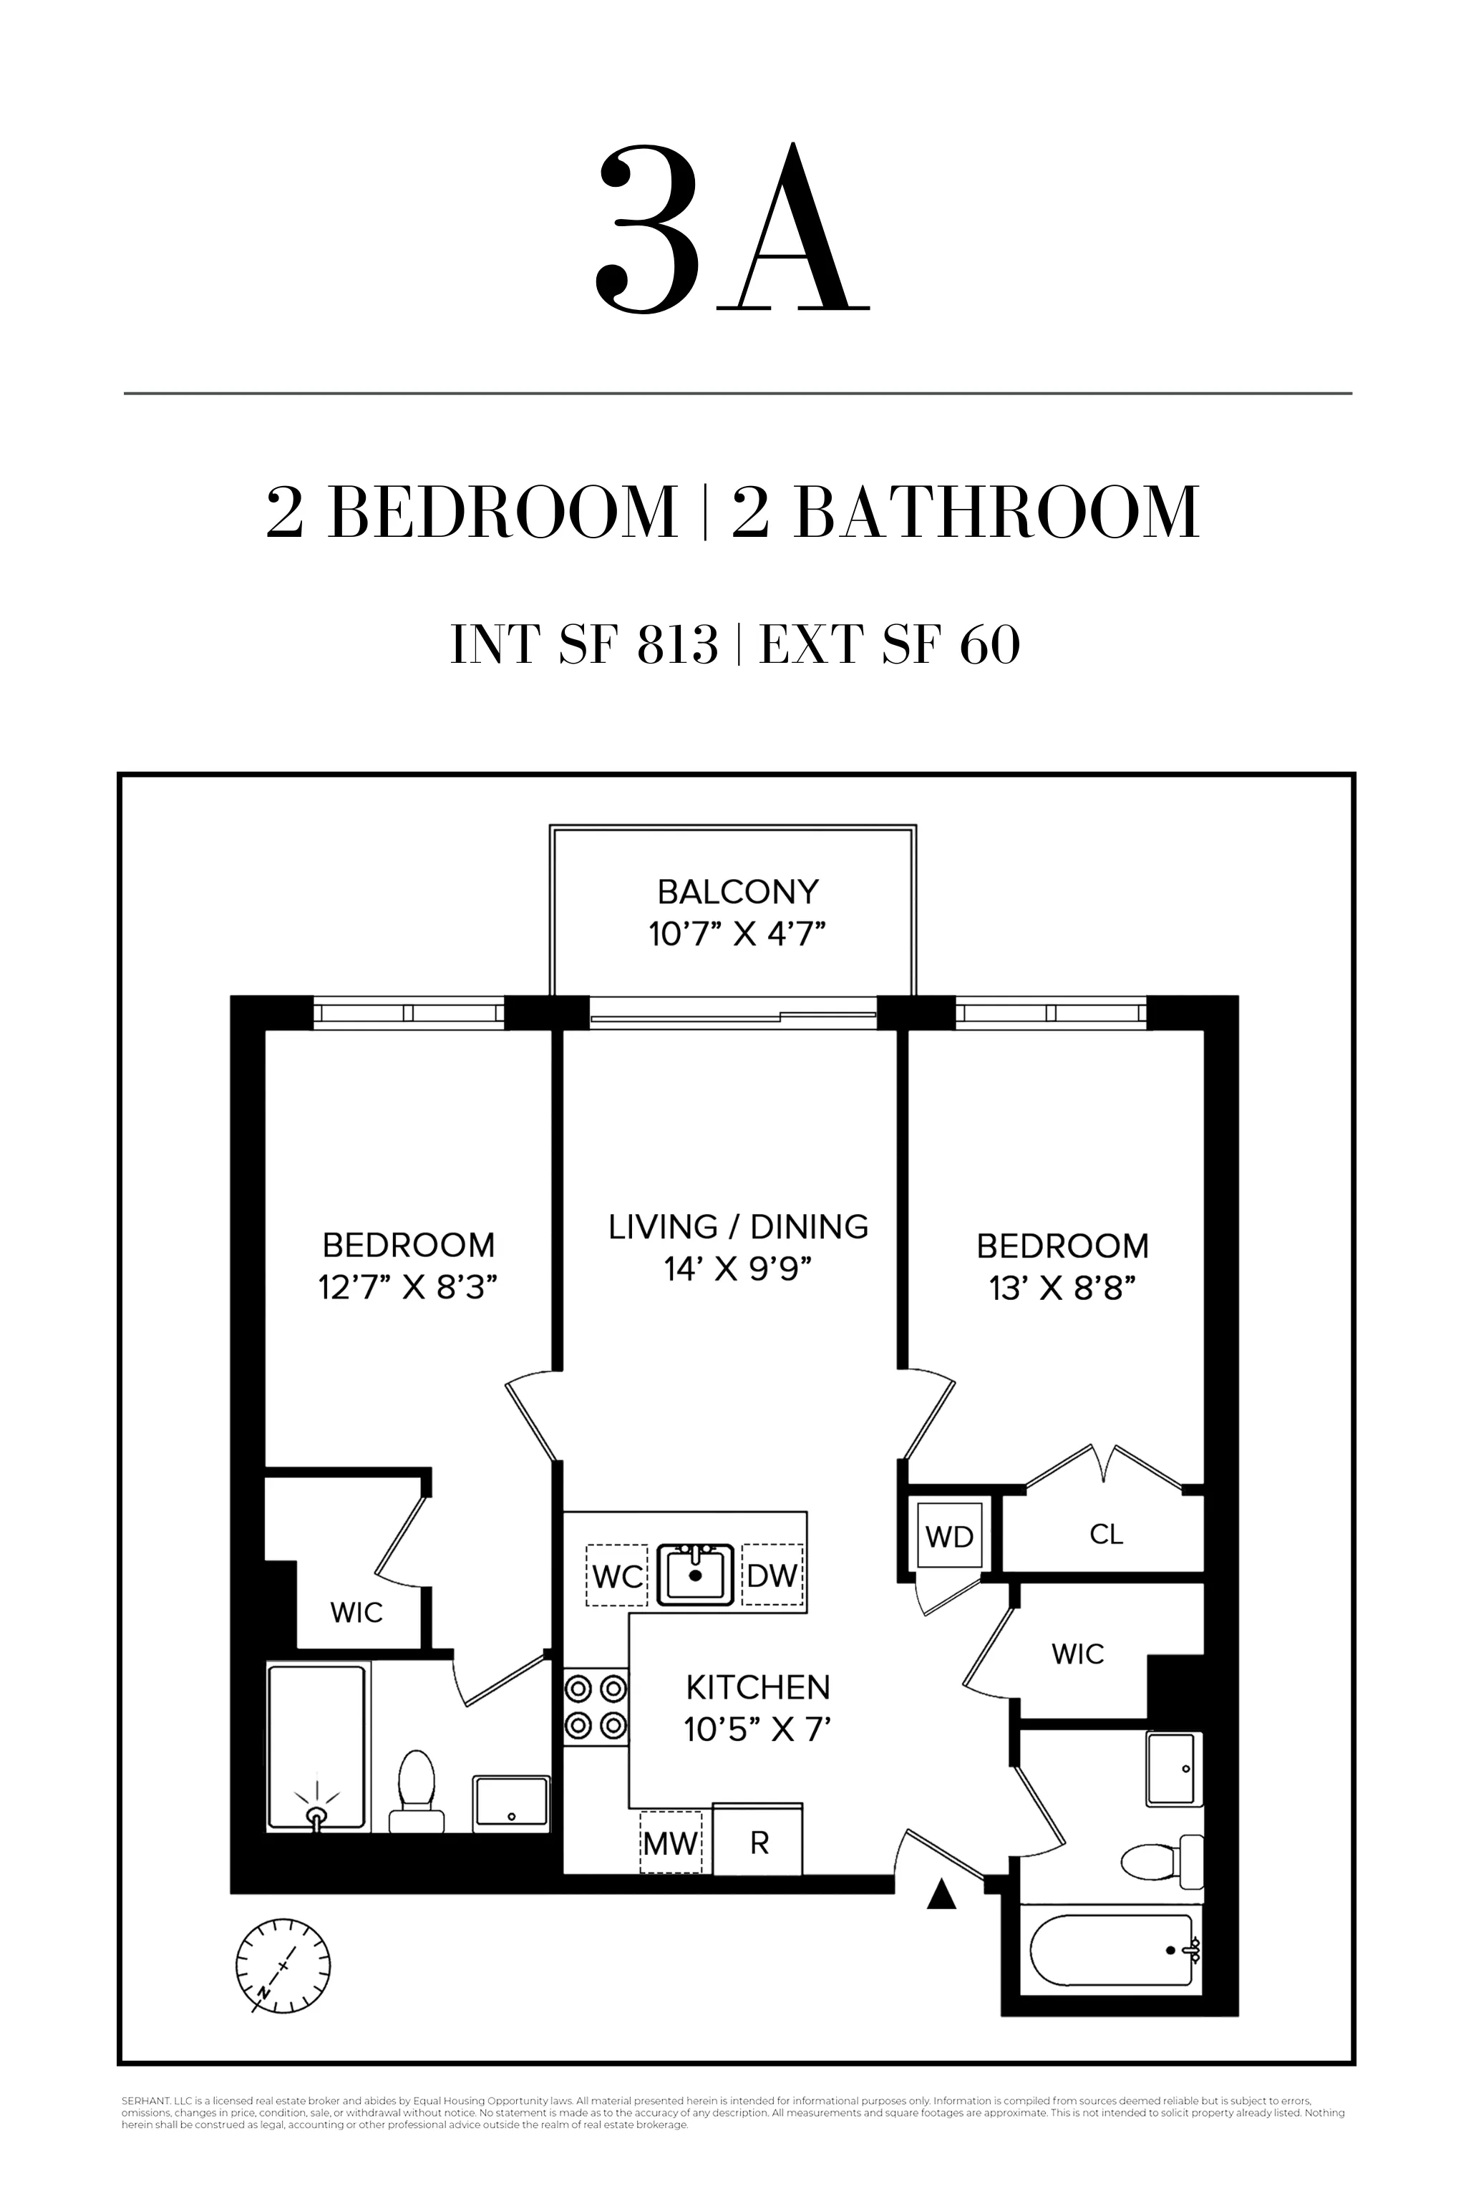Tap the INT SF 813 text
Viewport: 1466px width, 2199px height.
(583, 645)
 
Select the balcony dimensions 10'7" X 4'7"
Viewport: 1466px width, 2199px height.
(738, 934)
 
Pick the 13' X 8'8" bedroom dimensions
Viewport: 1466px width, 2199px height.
(1062, 1288)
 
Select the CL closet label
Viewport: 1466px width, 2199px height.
(1106, 1534)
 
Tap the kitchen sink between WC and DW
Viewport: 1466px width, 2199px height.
(694, 1575)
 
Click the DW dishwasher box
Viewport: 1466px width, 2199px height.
(772, 1576)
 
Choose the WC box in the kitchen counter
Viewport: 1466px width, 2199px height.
(617, 1576)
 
